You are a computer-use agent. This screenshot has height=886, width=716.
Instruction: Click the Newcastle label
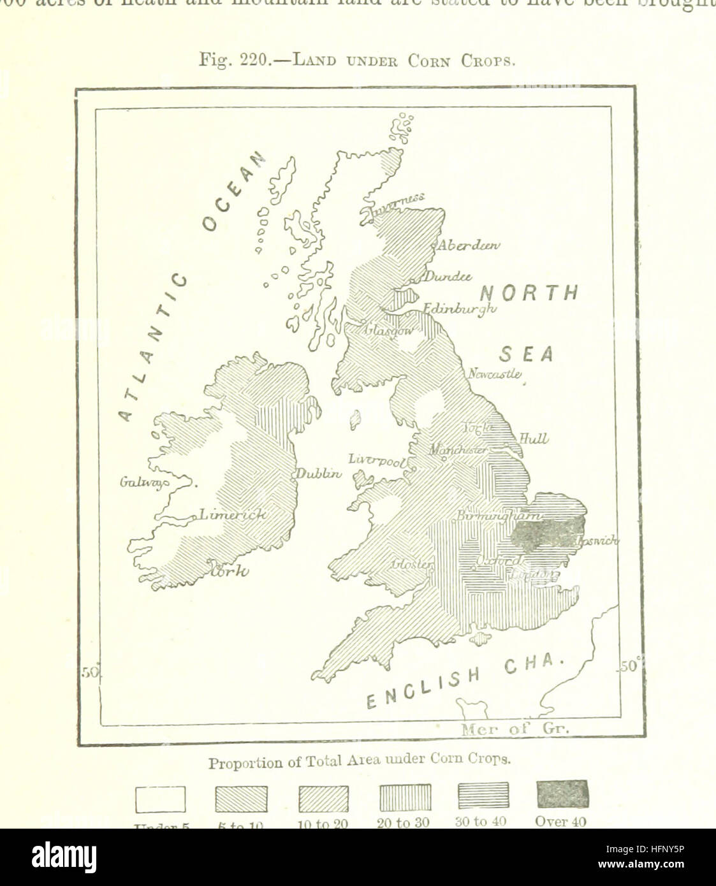pyautogui.click(x=495, y=374)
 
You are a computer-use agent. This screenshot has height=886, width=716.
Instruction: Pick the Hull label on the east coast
pyautogui.click(x=534, y=439)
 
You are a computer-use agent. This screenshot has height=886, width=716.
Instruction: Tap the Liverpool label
pyautogui.click(x=378, y=460)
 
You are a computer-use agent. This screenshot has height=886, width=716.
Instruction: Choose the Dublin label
pyautogui.click(x=319, y=474)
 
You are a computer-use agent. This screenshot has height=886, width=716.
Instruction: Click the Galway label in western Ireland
pyautogui.click(x=145, y=483)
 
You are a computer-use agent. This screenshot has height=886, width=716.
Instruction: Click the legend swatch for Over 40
pyautogui.click(x=562, y=794)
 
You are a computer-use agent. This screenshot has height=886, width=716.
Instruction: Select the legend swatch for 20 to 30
pyautogui.click(x=405, y=797)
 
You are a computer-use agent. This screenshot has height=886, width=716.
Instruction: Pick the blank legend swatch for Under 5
pyautogui.click(x=161, y=799)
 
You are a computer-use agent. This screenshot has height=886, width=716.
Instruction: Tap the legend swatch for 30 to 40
pyautogui.click(x=484, y=795)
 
